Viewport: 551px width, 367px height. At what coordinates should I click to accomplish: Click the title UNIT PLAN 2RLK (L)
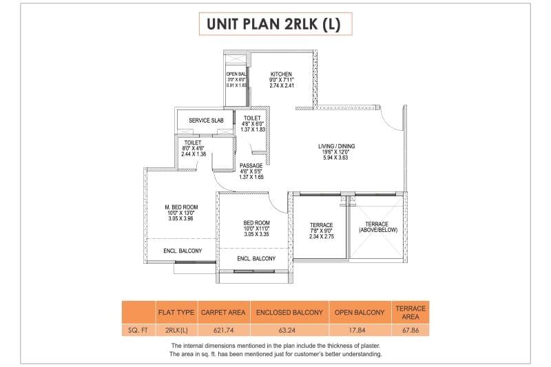[275, 23]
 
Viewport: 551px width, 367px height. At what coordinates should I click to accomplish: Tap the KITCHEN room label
[281, 74]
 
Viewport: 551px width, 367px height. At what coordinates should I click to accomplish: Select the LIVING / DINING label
[337, 146]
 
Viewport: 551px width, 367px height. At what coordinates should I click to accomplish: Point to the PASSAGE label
[251, 166]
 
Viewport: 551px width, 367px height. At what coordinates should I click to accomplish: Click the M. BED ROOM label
[181, 207]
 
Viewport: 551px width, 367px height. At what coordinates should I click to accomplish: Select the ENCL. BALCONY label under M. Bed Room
[183, 251]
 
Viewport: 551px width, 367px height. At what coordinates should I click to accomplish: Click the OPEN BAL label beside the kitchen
[237, 74]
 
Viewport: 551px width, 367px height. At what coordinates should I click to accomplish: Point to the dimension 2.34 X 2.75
[322, 237]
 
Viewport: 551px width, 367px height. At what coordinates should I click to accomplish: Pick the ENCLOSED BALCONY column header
[289, 313]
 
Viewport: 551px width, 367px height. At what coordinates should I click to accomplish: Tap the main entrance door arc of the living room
[393, 120]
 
